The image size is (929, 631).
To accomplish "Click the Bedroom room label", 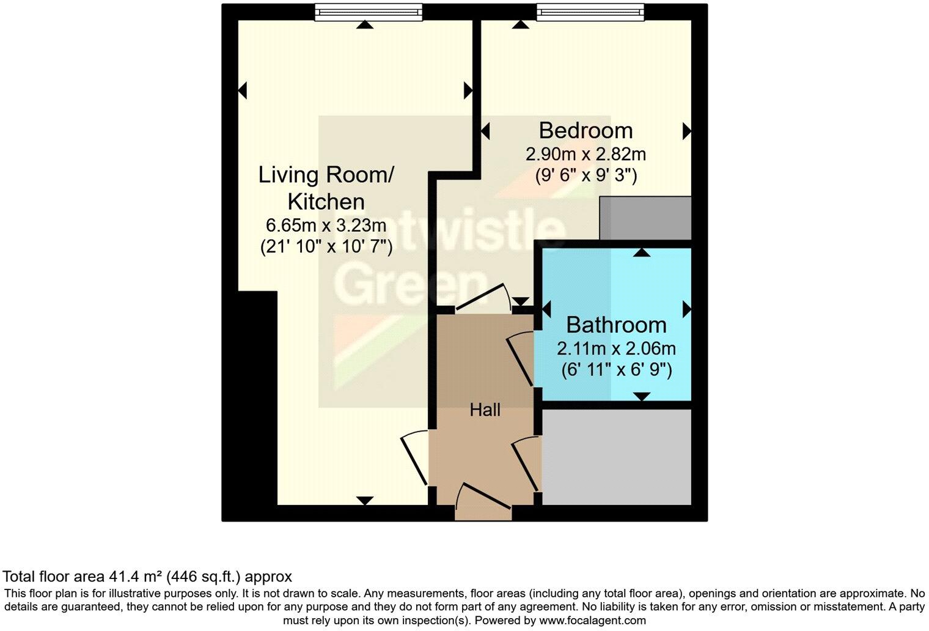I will coord(586,131).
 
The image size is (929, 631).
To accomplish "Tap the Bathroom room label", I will coord(616,325).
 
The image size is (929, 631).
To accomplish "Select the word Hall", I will coord(485,410).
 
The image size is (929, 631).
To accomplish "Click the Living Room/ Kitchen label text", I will coord(326,188).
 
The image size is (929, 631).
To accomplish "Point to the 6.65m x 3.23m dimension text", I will coord(326,226).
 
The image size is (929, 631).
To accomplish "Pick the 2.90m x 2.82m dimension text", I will coord(586,154).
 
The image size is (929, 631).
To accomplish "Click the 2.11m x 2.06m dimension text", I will coord(616,349).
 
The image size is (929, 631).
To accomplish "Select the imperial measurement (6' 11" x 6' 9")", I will coord(616,370).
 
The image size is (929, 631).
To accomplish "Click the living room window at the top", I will coord(369,11).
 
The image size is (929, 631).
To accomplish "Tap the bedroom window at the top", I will coord(590,11).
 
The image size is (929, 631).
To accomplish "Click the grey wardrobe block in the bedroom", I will coord(645,218).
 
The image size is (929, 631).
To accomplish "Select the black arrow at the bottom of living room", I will coord(364,501).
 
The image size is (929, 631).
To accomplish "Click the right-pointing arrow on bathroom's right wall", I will coord(687,308).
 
